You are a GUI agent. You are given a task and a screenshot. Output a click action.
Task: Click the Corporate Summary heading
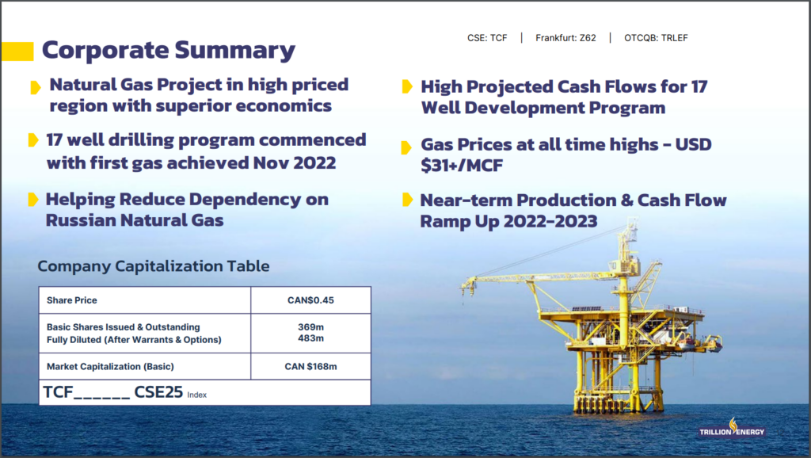point(168,50)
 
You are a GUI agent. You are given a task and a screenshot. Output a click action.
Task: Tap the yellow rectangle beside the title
point(17,52)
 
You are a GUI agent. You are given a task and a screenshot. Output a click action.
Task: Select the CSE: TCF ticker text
point(487,38)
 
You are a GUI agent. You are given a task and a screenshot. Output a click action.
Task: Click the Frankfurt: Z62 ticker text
point(565,38)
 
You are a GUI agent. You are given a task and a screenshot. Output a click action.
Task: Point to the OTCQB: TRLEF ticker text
point(656,38)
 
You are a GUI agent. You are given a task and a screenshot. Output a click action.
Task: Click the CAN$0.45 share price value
point(310,300)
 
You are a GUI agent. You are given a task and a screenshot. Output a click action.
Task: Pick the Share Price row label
point(72,300)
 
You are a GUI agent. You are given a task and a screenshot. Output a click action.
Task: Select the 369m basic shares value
point(310,327)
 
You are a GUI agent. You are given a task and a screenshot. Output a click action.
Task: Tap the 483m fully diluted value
point(310,338)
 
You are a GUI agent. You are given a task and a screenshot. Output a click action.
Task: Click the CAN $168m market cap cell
point(310,366)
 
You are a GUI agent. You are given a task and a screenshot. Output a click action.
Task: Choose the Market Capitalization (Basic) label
point(110,366)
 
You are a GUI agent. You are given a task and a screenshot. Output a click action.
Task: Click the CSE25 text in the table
point(158,391)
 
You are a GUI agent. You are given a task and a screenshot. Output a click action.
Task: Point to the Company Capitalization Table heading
point(154,266)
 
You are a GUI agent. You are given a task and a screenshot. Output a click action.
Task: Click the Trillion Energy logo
point(732,429)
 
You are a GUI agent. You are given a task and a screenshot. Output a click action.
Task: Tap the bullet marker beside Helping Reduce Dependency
point(33,199)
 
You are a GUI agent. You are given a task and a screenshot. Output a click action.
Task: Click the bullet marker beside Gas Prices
point(406,147)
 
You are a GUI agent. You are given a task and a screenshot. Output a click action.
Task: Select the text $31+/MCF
point(462,166)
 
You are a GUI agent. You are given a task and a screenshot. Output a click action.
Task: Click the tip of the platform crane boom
point(465,283)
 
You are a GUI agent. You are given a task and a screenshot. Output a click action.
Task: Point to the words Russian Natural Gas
point(135,220)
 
